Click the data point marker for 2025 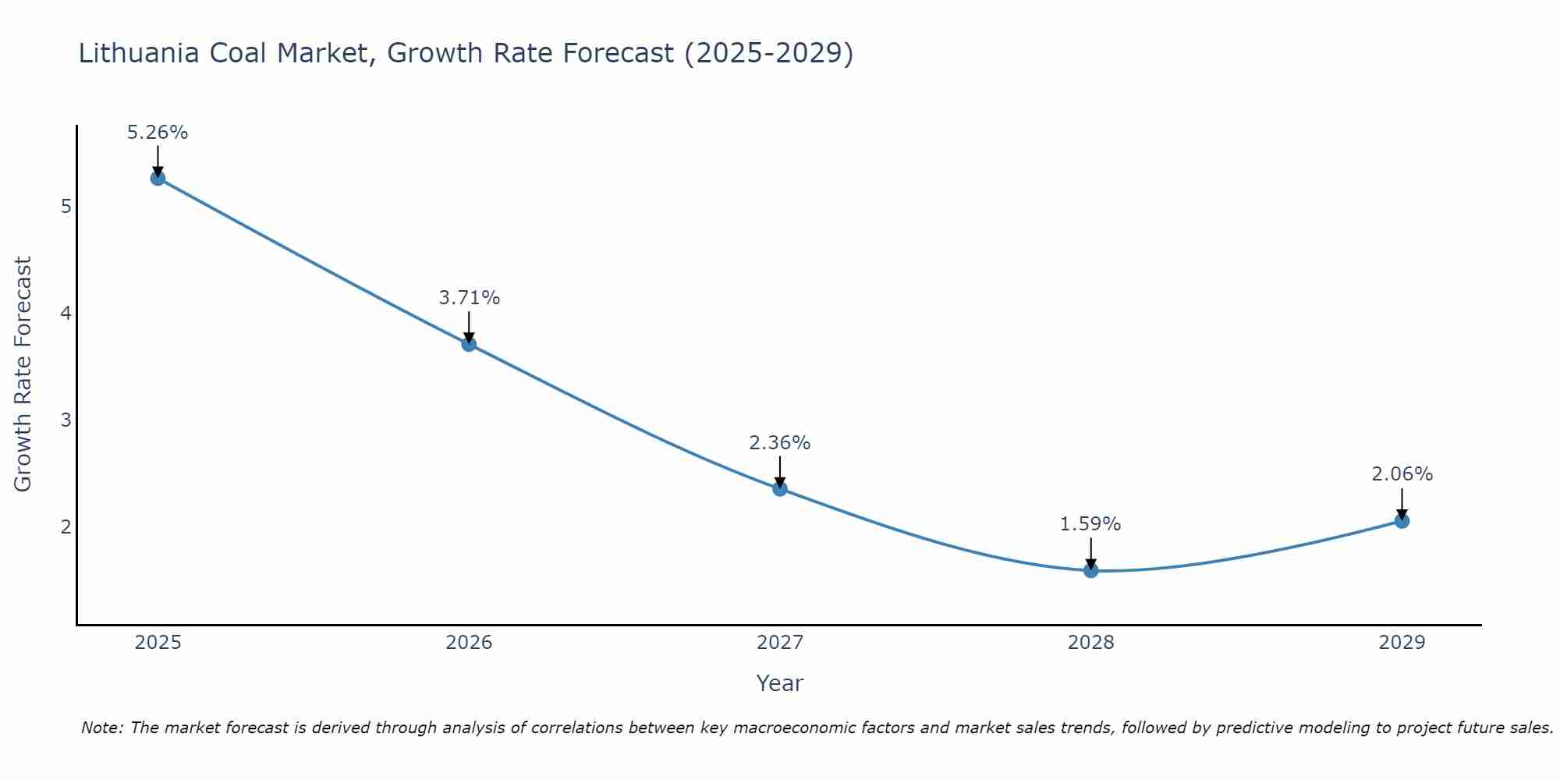point(158,178)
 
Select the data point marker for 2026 point(469,344)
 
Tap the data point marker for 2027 point(780,489)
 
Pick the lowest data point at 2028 point(1090,571)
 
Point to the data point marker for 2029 point(1402,521)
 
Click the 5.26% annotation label point(158,133)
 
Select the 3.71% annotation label point(469,298)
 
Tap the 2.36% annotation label point(780,443)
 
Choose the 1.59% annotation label point(1090,524)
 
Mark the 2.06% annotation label point(1402,474)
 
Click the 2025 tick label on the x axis point(158,643)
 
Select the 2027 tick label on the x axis point(780,643)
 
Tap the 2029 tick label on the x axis point(1402,643)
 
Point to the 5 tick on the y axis point(66,207)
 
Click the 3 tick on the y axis point(66,420)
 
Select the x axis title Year point(780,683)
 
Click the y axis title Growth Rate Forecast point(23,374)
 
